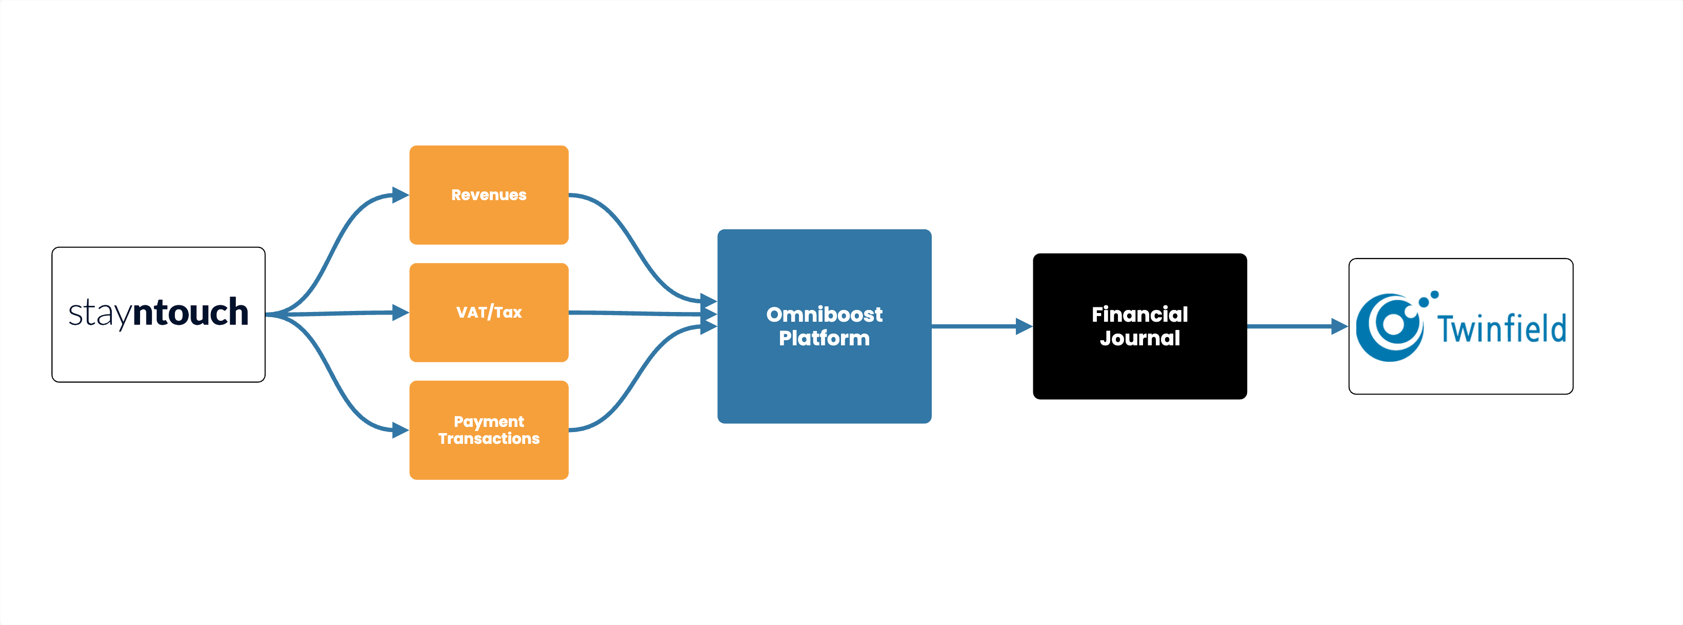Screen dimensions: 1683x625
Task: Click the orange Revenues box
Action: click(x=489, y=195)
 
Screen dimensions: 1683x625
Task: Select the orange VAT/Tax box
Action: click(x=489, y=312)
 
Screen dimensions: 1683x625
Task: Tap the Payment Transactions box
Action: click(x=489, y=430)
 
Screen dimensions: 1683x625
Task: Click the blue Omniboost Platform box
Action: click(x=825, y=326)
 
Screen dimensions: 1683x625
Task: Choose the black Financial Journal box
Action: click(x=1140, y=326)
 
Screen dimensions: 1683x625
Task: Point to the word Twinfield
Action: click(x=1501, y=329)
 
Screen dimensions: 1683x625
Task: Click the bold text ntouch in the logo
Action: click(x=190, y=312)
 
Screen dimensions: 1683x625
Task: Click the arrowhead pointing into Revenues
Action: click(x=400, y=195)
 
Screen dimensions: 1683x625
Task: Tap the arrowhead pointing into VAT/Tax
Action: click(x=400, y=312)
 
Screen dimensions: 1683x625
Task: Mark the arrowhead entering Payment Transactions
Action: click(x=400, y=430)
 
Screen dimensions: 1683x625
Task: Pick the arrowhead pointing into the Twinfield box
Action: click(x=1340, y=326)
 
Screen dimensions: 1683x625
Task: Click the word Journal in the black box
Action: click(x=1140, y=339)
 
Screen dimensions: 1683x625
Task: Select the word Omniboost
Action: click(x=825, y=315)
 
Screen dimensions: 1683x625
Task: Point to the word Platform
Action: click(x=825, y=338)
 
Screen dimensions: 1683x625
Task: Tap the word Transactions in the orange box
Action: click(x=489, y=439)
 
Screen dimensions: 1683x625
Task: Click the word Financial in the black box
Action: click(x=1140, y=315)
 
